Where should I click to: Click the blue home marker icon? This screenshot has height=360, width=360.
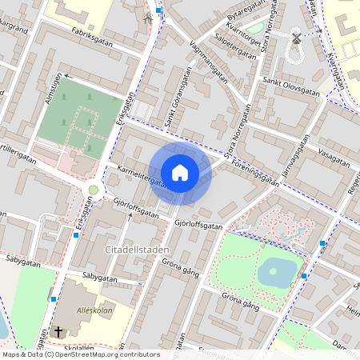point(180,172)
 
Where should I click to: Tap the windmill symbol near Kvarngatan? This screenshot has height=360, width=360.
point(295,37)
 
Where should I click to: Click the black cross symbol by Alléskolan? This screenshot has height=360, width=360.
point(58,331)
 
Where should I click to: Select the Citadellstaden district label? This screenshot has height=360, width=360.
point(136,250)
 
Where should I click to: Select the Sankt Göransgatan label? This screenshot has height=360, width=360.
point(172,111)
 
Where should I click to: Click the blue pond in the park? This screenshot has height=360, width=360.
point(277,271)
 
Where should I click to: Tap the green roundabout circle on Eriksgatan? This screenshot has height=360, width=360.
point(94,190)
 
